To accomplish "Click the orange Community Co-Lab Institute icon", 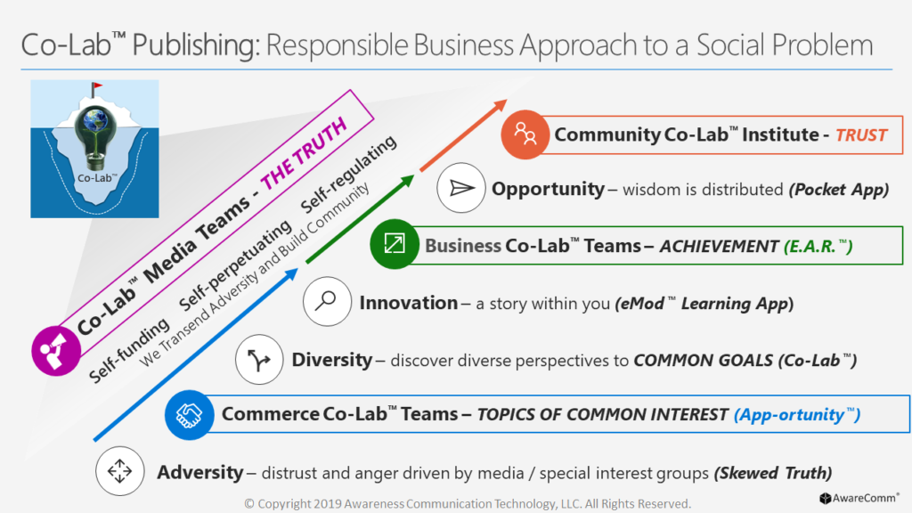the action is coord(525,134).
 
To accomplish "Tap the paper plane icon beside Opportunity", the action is coord(461,188).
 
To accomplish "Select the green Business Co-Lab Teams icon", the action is coord(395,244).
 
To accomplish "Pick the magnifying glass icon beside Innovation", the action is coord(327,301).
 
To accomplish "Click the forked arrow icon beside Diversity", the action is coord(259,360).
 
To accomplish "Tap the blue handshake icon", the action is coord(189,415).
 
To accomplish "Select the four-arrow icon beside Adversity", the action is coord(120,471).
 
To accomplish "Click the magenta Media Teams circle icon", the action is coord(56,351).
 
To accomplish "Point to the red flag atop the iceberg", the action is coord(96,87).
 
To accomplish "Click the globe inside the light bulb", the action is coord(94,120).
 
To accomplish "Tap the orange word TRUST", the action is coord(861,135).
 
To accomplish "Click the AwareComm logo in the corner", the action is coord(859,498).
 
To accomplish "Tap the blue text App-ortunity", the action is coord(797,415).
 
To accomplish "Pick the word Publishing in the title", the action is coord(196,45).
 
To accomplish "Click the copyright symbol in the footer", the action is coord(249,504).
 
